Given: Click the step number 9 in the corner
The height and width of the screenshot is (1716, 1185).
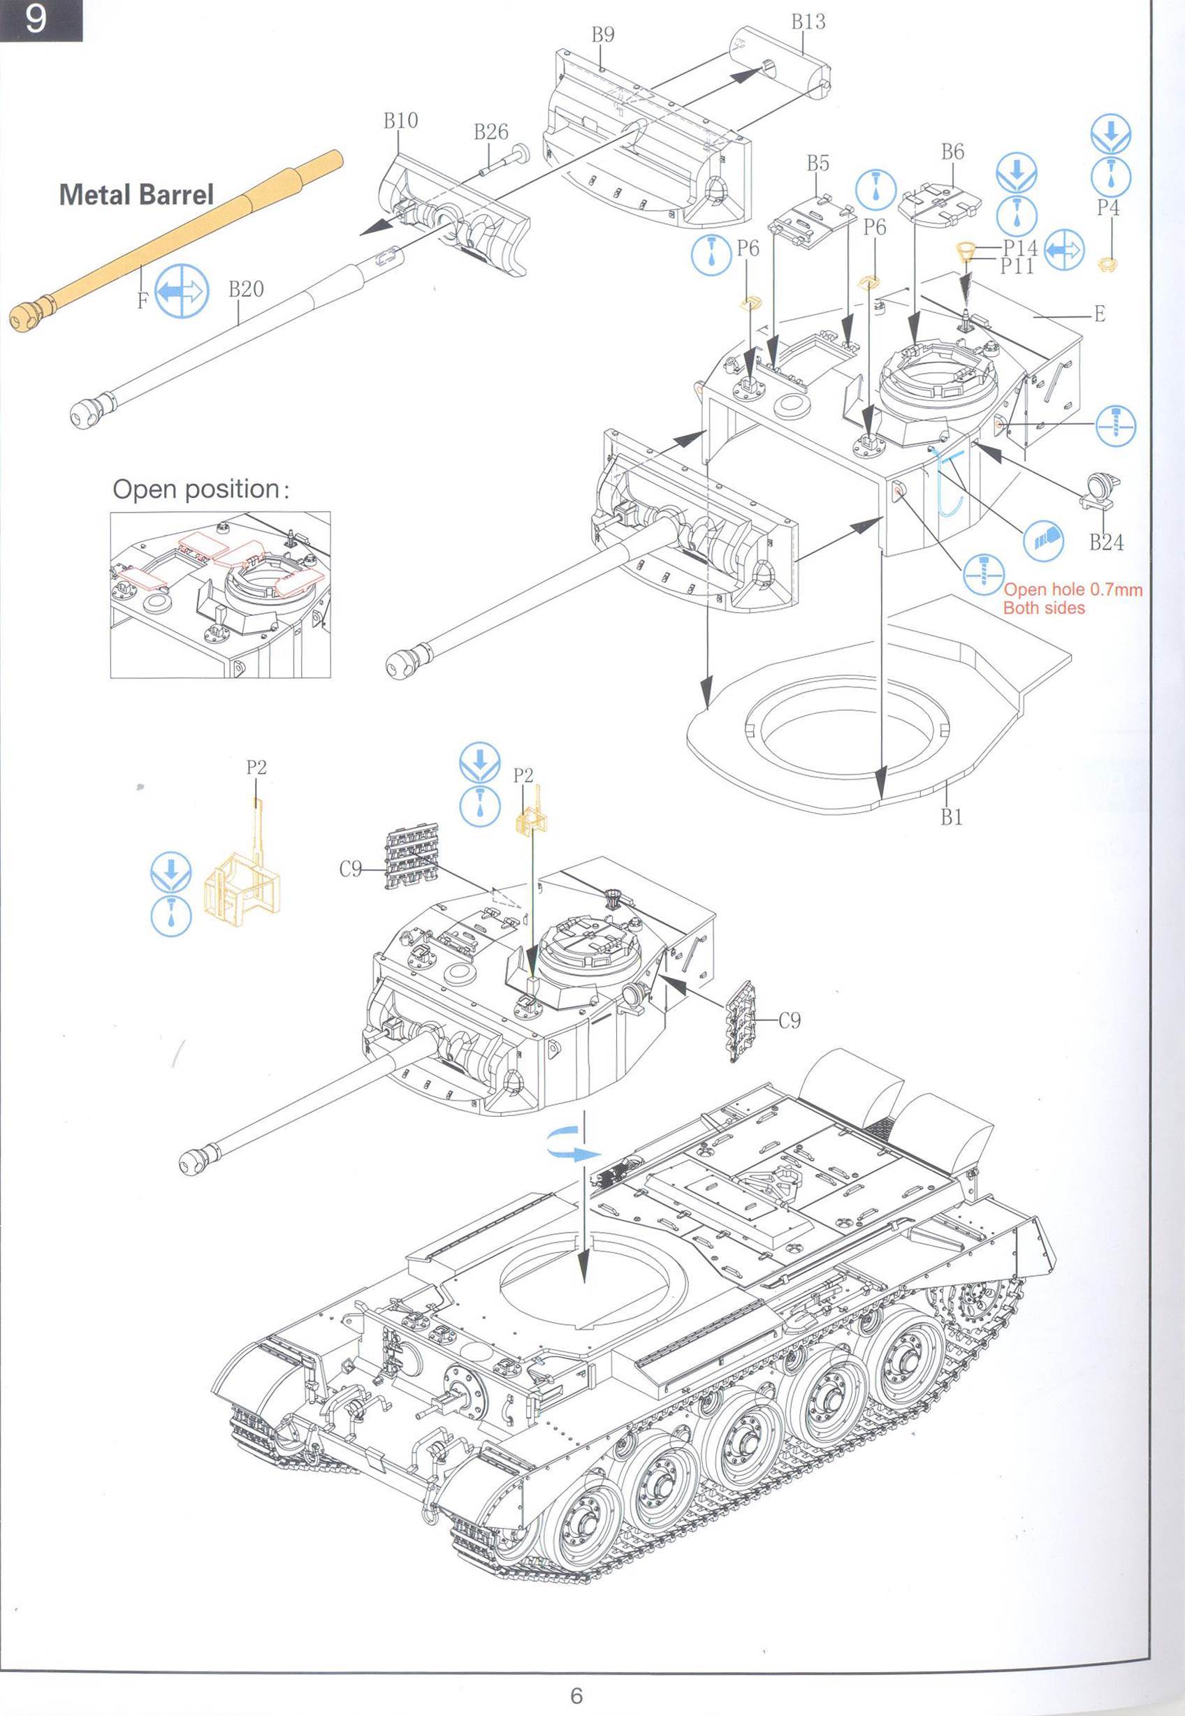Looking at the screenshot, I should [x=35, y=20].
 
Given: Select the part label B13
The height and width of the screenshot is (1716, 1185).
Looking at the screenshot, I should [x=808, y=22].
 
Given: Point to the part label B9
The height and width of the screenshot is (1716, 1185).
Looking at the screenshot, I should [x=602, y=35].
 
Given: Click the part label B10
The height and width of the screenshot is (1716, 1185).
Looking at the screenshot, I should [x=400, y=120].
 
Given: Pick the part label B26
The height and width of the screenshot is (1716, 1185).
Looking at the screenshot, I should [x=490, y=132].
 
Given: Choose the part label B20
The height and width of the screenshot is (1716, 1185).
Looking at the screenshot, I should [x=246, y=288].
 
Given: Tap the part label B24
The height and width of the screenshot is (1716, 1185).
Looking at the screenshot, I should [x=1105, y=543].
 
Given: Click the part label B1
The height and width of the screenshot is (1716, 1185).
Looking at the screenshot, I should [x=951, y=817].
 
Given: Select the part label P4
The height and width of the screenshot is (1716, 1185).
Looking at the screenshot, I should [x=1107, y=208].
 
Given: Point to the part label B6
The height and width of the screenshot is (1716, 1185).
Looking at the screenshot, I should [x=952, y=152].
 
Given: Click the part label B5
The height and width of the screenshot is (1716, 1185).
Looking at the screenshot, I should [x=817, y=163].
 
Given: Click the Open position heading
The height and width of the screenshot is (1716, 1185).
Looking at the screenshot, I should [x=199, y=490].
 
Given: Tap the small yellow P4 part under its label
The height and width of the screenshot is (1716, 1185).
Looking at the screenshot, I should [x=1107, y=262].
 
